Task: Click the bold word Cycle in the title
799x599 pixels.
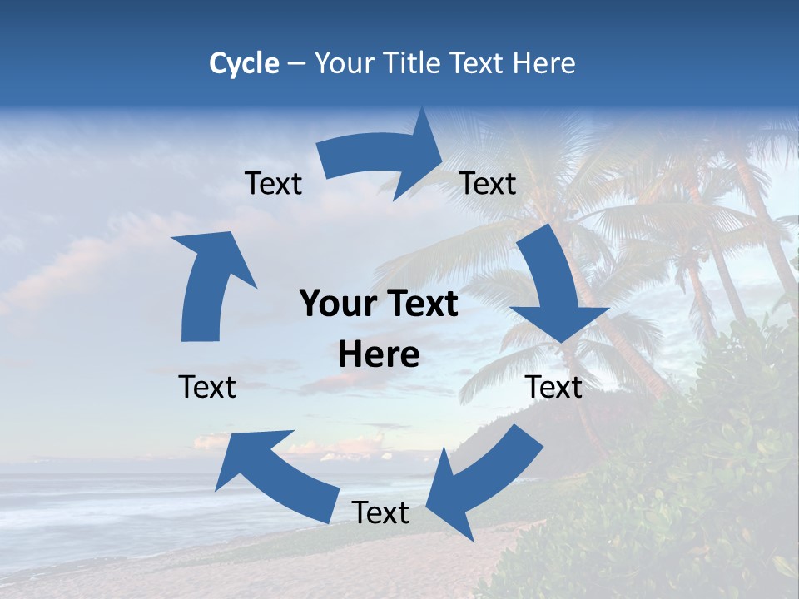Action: [x=244, y=63]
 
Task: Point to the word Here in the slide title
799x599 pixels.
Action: [x=544, y=63]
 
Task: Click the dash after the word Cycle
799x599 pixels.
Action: [x=296, y=64]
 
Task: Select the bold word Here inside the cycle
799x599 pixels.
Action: [x=379, y=355]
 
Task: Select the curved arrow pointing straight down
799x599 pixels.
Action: [x=558, y=287]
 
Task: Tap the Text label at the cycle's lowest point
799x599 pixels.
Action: [x=380, y=512]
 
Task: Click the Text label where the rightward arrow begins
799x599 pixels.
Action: [x=274, y=183]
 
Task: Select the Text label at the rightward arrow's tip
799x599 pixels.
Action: [x=488, y=183]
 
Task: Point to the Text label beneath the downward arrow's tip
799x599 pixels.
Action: [x=554, y=387]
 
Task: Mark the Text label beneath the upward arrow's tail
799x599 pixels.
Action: [x=207, y=387]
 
